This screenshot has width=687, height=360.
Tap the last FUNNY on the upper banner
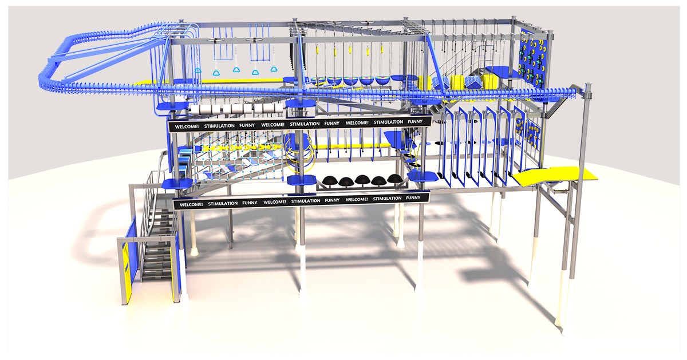pos(416,121)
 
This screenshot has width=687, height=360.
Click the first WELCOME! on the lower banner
pos(189,203)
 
